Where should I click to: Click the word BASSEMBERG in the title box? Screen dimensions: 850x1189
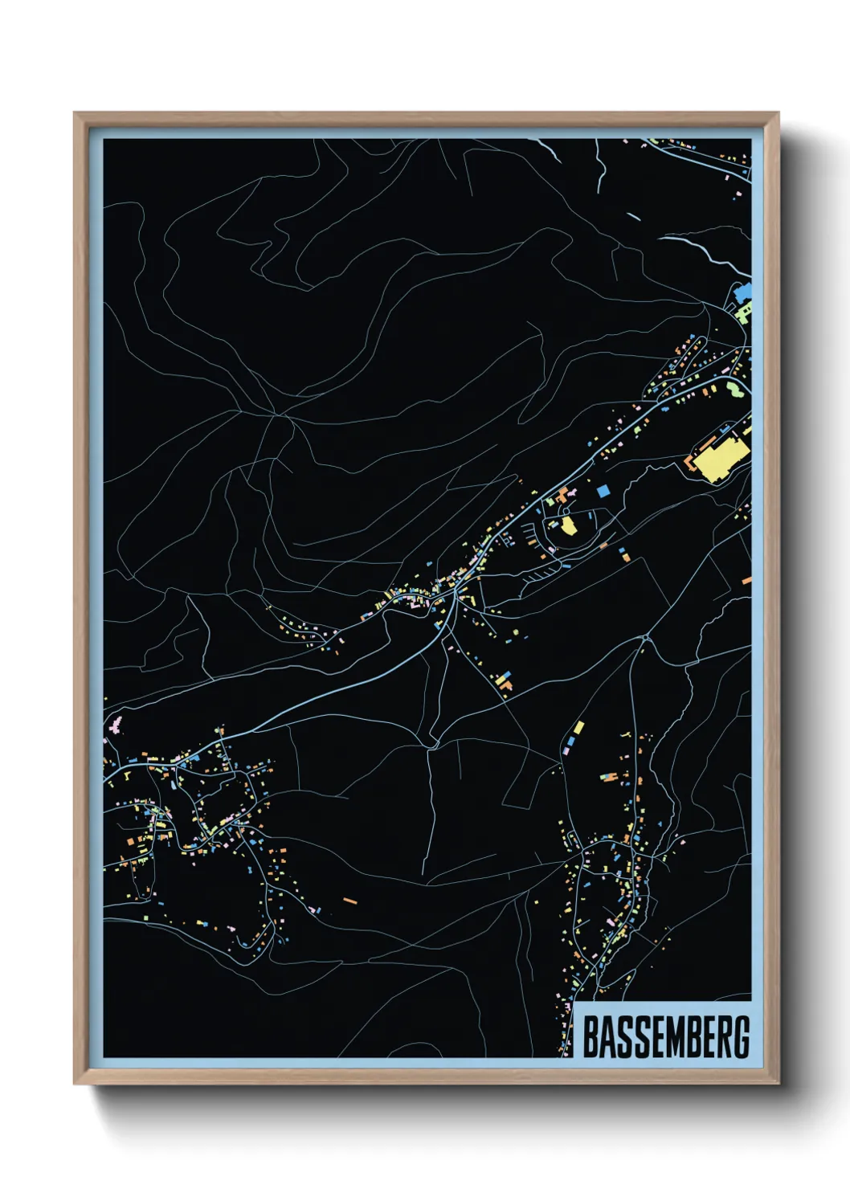pos(665,1037)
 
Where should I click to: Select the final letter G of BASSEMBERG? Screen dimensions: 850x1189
pos(741,1037)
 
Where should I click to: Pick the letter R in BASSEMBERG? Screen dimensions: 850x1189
pos(722,1037)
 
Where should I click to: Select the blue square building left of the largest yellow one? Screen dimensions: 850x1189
pos(603,490)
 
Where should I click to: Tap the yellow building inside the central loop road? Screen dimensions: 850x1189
pos(568,526)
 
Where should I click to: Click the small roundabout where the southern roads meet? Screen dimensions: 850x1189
pos(645,639)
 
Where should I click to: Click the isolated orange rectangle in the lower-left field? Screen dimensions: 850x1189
pos(349,901)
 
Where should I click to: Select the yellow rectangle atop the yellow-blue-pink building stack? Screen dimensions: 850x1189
pos(578,728)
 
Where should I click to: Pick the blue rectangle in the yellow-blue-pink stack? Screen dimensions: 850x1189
pos(573,738)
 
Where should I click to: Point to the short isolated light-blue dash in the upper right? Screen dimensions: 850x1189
pos(633,215)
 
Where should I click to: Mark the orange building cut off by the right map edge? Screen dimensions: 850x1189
pos(746,580)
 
